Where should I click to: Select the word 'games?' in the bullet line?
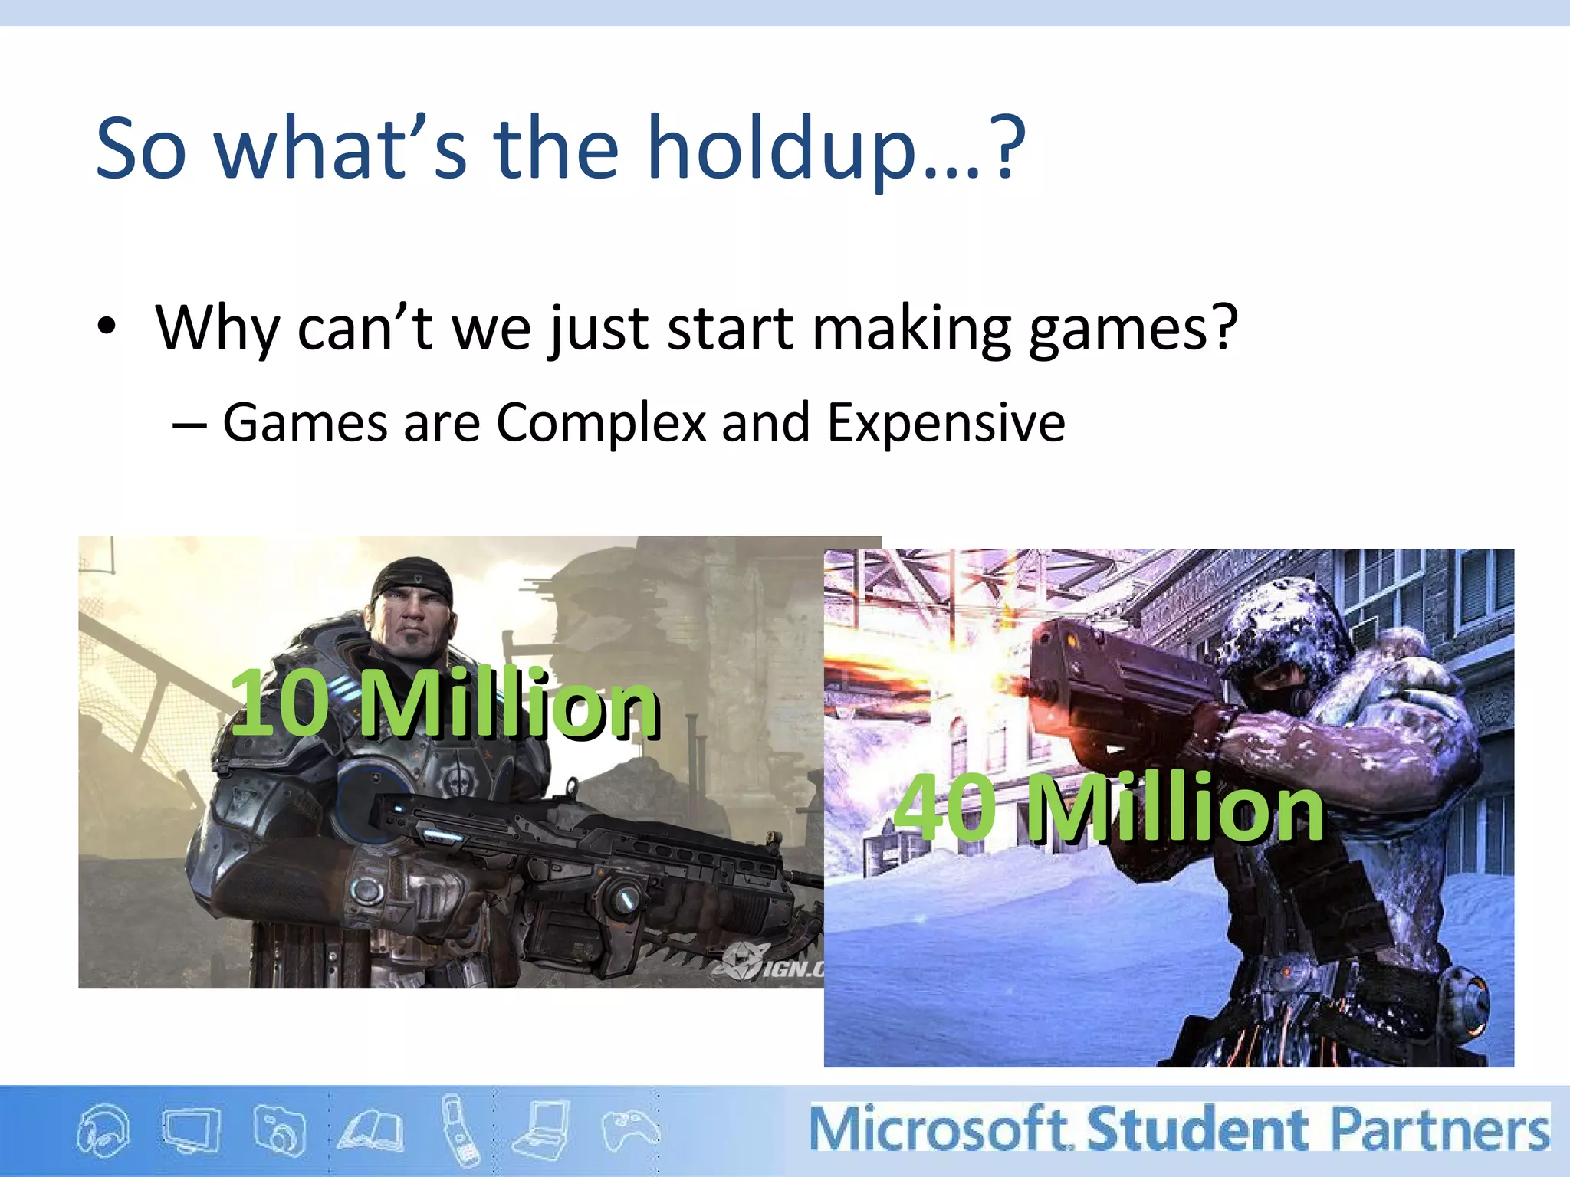pos(1132,329)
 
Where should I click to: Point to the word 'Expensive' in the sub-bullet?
pos(946,423)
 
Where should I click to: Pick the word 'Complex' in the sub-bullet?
pos(601,423)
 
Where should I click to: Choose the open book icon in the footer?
pos(373,1131)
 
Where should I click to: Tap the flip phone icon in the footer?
pos(461,1130)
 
